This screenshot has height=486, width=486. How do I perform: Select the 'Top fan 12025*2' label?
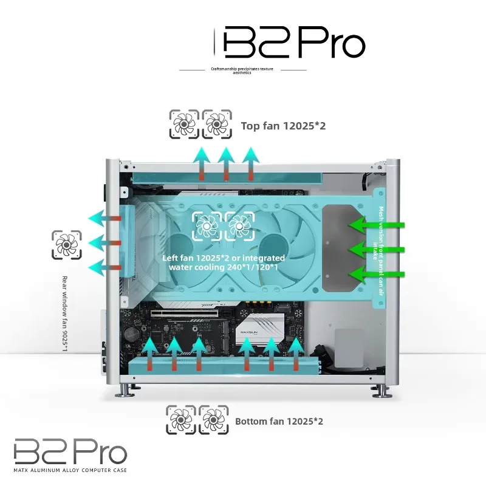(283, 126)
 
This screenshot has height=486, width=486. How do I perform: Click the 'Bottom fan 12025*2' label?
(279, 421)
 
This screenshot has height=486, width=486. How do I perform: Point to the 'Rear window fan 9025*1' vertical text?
(65, 313)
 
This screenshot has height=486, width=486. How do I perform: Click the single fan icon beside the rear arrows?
(67, 245)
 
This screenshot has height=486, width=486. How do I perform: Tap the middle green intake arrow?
(377, 249)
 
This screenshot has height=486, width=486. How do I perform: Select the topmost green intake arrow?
(377, 224)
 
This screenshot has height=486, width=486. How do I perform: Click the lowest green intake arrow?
(377, 275)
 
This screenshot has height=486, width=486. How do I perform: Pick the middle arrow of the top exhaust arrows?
(226, 163)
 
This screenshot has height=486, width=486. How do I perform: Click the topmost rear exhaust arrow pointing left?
(104, 218)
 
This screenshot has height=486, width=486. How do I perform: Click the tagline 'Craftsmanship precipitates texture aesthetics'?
(242, 70)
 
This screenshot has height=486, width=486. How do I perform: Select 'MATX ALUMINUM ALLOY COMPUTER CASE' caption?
(70, 470)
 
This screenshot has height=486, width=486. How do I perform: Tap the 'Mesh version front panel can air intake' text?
(378, 251)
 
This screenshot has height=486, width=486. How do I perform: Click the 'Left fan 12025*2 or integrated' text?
(224, 258)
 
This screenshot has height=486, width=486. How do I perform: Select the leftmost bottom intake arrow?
(149, 354)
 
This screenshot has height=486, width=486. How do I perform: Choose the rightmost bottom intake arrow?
(296, 354)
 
